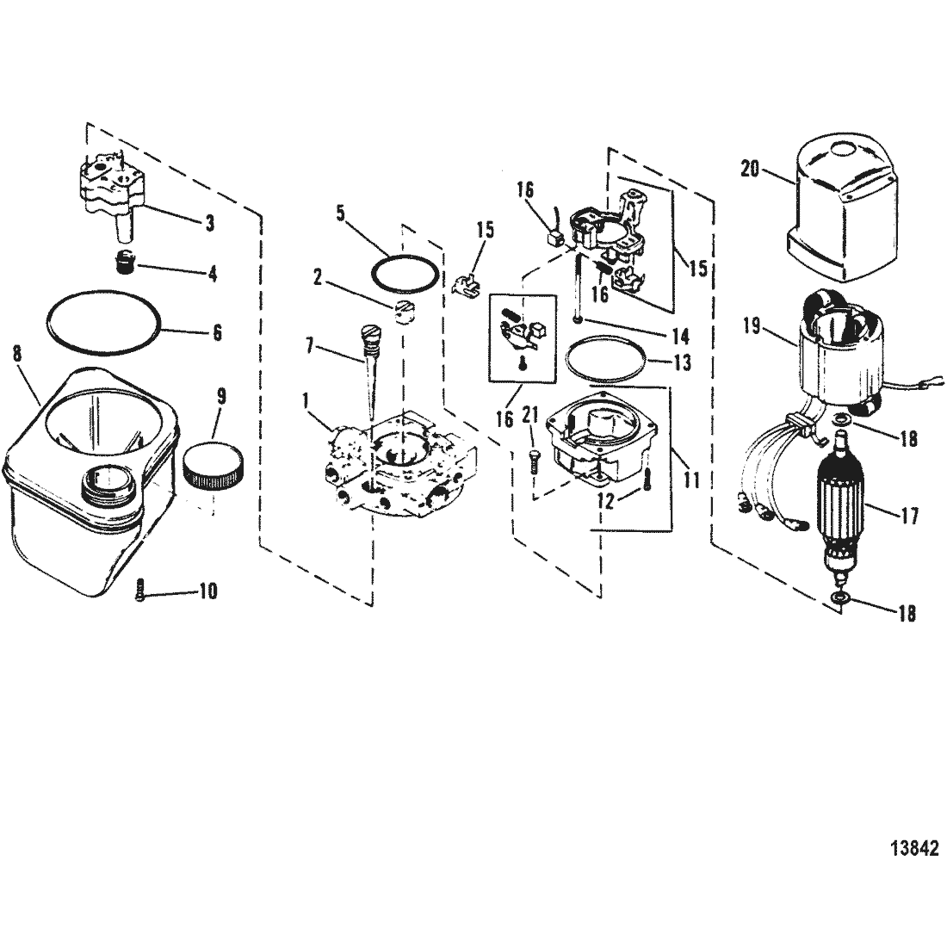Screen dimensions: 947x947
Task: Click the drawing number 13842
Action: point(914,848)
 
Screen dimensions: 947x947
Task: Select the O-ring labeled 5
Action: point(405,274)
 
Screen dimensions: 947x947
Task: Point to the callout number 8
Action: point(17,354)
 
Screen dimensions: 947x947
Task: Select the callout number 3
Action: point(209,223)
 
